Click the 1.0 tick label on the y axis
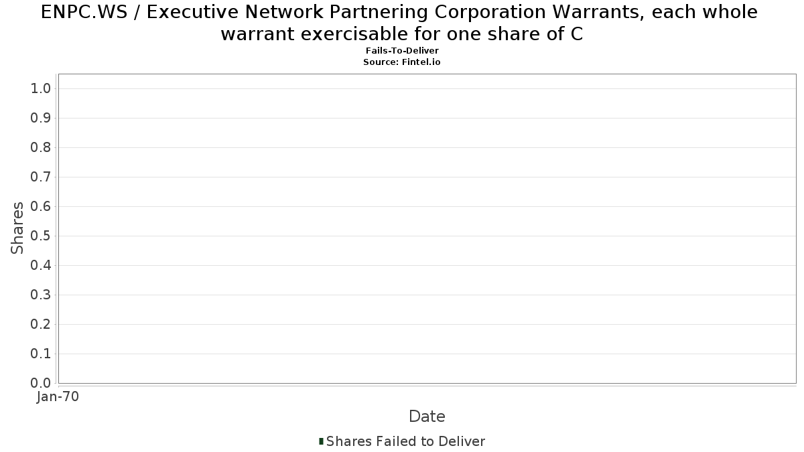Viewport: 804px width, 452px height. tap(41, 88)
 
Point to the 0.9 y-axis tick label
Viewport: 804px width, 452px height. tap(41, 118)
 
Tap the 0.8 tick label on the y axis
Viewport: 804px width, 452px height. tap(41, 147)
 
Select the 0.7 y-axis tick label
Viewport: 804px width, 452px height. tap(41, 177)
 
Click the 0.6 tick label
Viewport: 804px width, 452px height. tap(41, 206)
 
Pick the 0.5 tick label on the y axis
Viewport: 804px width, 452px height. tap(41, 236)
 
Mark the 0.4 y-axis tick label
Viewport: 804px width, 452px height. tap(41, 265)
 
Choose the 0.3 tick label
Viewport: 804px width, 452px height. tap(41, 295)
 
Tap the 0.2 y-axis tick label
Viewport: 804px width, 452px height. tap(41, 324)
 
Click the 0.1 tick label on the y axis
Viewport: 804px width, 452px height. tap(41, 354)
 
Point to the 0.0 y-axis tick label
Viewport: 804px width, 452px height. tap(41, 383)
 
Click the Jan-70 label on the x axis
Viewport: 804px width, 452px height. tap(58, 396)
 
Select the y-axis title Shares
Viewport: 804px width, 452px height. tap(17, 228)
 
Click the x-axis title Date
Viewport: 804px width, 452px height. tap(427, 417)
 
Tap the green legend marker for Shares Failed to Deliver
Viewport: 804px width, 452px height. tap(321, 441)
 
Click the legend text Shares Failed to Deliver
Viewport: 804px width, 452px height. tap(405, 441)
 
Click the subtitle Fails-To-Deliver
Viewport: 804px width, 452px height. tap(402, 51)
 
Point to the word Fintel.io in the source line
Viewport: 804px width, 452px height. tap(421, 62)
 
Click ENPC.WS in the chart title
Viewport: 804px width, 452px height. tap(84, 12)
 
